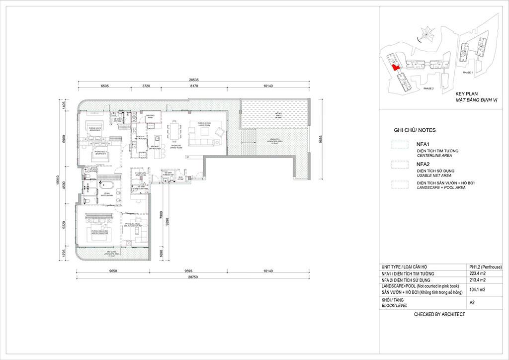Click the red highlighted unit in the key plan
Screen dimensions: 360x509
(394, 69)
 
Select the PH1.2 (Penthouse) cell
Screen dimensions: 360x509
(485, 266)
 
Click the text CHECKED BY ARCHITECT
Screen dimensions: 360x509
(440, 315)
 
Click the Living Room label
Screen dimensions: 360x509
(204, 124)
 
